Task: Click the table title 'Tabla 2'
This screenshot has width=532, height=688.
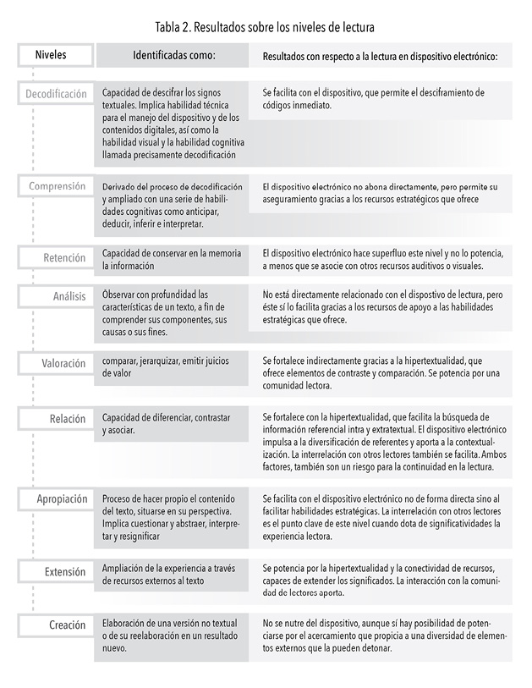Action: coord(266,29)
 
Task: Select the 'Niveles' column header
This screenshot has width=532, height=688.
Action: coord(51,55)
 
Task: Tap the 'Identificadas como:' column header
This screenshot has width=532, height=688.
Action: coord(175,55)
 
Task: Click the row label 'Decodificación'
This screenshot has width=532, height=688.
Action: coord(56,94)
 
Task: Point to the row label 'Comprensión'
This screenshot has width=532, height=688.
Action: coord(57,186)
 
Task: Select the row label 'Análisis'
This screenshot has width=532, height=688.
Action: coord(69,297)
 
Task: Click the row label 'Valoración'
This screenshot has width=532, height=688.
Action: coord(64,363)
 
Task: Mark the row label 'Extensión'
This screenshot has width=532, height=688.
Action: coord(65,573)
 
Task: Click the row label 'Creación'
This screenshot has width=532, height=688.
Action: coord(67,625)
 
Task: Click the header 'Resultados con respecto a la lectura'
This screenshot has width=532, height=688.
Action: coord(380,57)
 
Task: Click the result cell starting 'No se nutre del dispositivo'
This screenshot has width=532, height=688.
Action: coord(381,634)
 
